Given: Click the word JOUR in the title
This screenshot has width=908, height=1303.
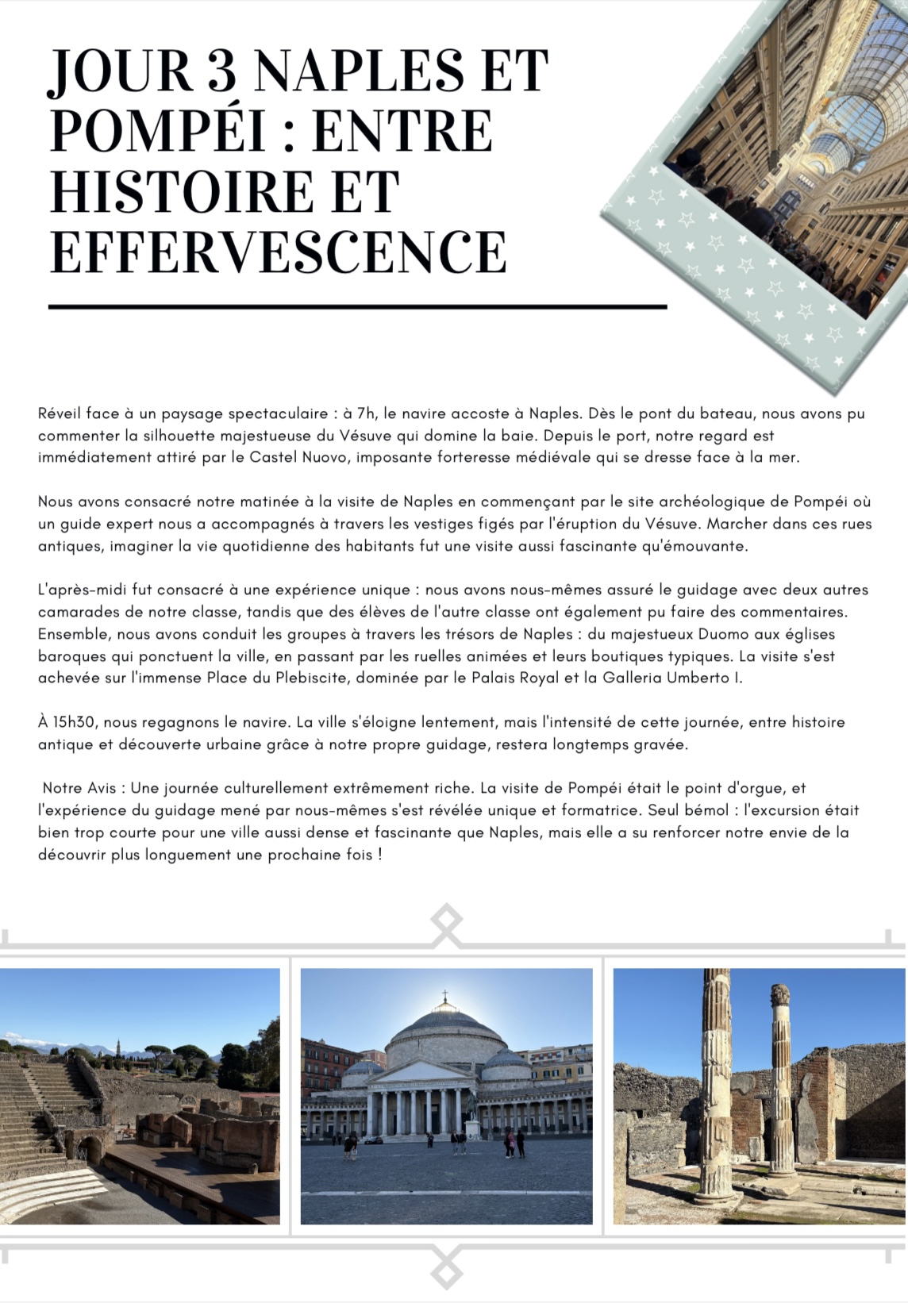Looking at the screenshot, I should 119,71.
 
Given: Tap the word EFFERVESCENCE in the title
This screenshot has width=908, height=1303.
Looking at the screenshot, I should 278,252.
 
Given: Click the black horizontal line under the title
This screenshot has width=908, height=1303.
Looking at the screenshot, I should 357,306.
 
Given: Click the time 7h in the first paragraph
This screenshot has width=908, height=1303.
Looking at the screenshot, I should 366,413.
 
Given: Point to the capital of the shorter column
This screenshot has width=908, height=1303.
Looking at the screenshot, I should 780,994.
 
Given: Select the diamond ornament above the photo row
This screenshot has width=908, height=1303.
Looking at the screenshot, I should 446,925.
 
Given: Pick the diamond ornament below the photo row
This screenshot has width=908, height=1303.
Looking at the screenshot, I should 446,1268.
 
